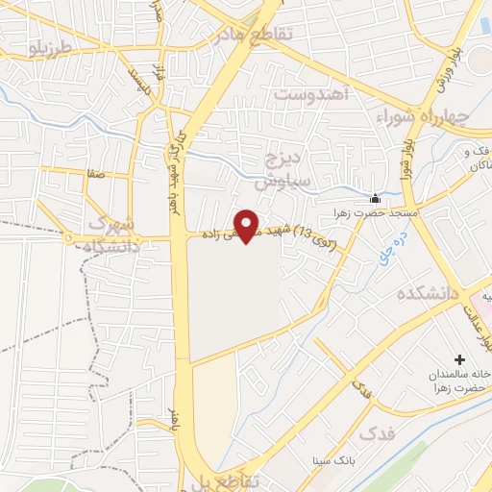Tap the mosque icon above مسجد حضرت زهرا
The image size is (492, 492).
(x=376, y=193)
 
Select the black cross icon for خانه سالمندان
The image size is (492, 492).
(x=458, y=358)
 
